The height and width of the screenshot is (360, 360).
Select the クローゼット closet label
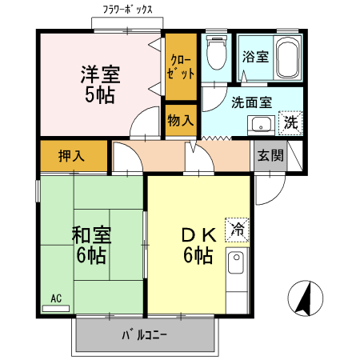point(180,65)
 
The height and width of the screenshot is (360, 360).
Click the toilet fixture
point(214,54)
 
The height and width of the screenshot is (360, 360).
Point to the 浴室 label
point(256,58)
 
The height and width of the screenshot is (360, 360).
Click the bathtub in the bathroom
point(287,58)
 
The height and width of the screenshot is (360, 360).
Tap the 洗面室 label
point(251,102)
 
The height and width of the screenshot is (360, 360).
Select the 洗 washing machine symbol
point(290,124)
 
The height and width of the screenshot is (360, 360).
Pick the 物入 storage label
point(180,121)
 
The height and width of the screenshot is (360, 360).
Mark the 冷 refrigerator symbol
point(238,230)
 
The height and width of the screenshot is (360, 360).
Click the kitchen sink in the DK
point(238,263)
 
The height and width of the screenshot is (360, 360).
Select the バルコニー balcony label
point(145,334)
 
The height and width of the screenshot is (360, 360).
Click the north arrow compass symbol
point(305,299)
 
